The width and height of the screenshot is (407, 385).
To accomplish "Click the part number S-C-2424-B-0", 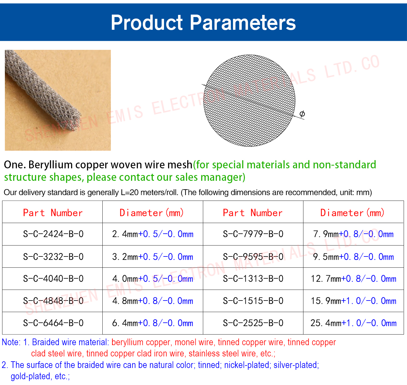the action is click(x=53, y=234).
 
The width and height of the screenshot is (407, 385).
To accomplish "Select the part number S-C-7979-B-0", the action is click(x=253, y=234).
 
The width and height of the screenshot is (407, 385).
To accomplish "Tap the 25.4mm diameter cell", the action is click(x=353, y=323).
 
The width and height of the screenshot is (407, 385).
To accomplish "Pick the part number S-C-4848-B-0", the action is click(x=53, y=301).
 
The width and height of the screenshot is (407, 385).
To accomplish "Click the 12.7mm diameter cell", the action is click(x=353, y=279).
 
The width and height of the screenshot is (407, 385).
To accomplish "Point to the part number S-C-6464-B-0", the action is click(x=53, y=323).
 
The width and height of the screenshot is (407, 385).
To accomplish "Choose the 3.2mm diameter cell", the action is click(x=152, y=256).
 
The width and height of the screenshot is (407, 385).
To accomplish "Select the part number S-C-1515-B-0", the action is click(x=253, y=301).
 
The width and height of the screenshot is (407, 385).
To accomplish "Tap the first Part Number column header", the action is click(x=53, y=213).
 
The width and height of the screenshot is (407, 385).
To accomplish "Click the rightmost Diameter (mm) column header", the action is click(x=352, y=213).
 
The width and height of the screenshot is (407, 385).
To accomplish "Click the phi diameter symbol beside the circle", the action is click(x=302, y=114).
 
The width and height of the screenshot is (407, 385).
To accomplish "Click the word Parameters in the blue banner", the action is click(x=243, y=22).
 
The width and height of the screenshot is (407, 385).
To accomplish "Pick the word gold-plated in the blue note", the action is click(x=31, y=376).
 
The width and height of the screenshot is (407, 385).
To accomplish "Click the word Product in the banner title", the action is click(x=147, y=22).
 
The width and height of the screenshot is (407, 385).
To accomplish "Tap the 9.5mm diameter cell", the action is click(x=353, y=256).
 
